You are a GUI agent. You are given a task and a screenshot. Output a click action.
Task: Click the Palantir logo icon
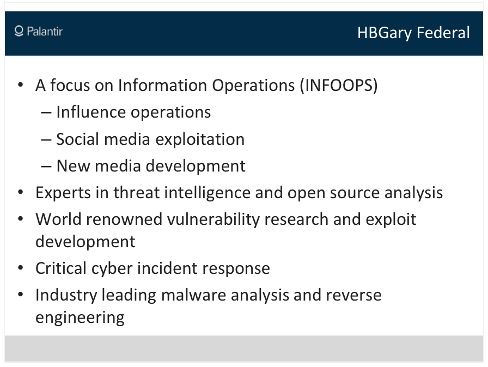coord(19,31)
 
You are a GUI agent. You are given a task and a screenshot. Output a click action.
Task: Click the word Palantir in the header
coord(45,31)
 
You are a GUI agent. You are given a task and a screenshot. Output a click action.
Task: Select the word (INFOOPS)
coord(339,85)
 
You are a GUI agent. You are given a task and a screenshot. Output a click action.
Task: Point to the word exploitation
coord(200,139)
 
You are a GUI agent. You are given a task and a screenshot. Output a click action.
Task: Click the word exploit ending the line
coord(391,220)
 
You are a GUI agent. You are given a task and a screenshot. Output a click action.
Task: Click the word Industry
coord(66,296)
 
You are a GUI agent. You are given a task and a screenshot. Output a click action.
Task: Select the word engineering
coord(80,318)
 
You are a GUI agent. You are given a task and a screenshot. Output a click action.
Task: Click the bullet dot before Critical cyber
coord(21,268)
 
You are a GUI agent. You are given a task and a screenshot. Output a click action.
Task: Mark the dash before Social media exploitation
coord(46,139)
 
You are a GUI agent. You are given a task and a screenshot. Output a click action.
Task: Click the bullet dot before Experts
coord(21,192)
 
